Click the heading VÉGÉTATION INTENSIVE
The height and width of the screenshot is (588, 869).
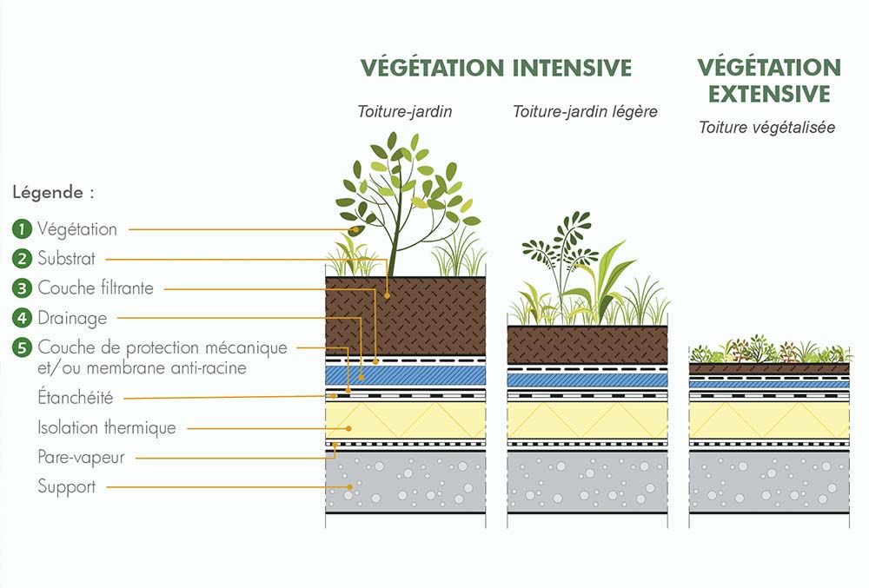(x=496, y=68)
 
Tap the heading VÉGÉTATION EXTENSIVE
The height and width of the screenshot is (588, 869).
(x=769, y=80)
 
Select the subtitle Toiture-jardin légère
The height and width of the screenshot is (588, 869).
(x=584, y=111)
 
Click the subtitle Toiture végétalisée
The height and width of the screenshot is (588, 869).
(x=766, y=128)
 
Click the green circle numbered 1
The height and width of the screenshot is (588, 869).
(x=22, y=229)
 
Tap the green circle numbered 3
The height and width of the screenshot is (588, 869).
(x=22, y=288)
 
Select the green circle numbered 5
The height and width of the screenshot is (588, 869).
(x=22, y=348)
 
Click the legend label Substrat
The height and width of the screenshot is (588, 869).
(x=67, y=259)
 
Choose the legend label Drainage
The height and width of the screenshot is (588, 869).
(x=72, y=319)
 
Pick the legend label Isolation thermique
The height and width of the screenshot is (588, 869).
(x=107, y=427)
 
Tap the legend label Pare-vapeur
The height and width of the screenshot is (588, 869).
(x=81, y=457)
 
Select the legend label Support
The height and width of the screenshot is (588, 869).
(x=67, y=486)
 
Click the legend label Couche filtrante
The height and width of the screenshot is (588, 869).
(x=96, y=288)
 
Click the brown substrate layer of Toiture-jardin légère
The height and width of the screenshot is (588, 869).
(x=587, y=345)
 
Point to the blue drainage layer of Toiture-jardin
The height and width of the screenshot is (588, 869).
(x=405, y=373)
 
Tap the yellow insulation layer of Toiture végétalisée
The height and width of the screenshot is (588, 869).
(x=769, y=422)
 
